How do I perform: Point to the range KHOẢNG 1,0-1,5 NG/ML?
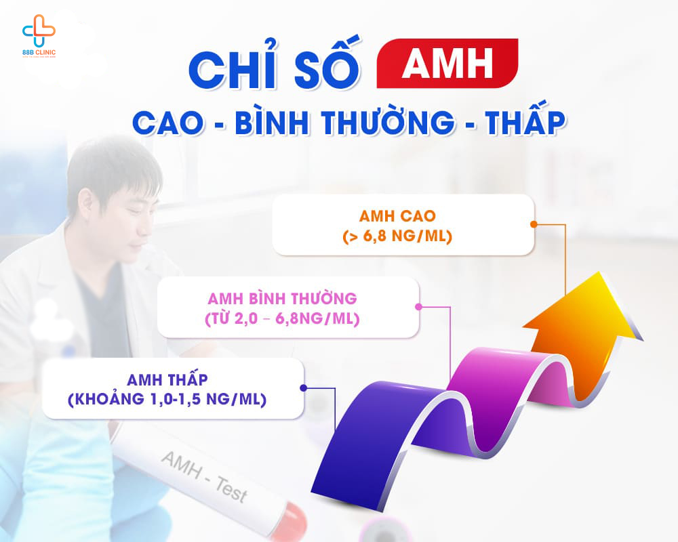point(172,400)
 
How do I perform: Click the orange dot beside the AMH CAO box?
point(534,224)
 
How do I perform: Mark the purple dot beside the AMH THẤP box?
point(303,388)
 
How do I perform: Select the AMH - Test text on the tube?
point(203,477)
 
